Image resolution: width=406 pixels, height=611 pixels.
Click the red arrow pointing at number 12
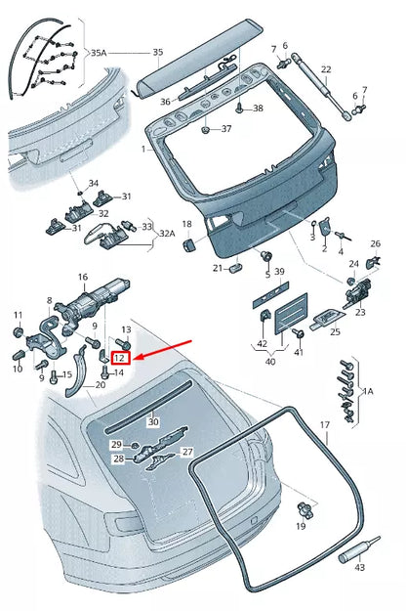point(166,349)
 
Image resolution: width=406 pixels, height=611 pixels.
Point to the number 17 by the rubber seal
point(325,426)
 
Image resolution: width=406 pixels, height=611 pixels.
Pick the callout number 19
point(301,527)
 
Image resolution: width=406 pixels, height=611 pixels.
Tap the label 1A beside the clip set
point(368,391)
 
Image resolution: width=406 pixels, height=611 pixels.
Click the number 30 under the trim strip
point(152,422)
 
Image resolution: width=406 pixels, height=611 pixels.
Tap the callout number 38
point(258,108)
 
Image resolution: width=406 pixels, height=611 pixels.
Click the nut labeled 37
point(206,129)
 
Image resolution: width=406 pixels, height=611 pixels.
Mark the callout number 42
point(261,345)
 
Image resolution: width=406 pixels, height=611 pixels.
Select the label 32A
point(167,235)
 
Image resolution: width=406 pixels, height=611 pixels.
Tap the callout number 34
point(94,183)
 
